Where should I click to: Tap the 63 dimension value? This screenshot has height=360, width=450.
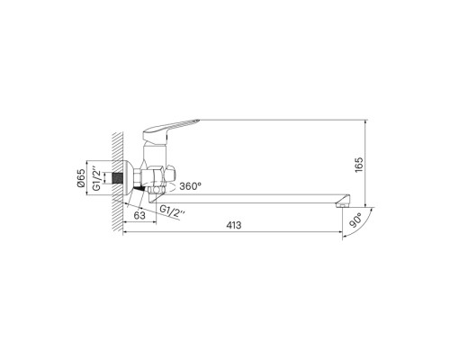[x=138, y=217]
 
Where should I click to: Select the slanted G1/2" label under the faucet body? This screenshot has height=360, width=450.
[x=173, y=212]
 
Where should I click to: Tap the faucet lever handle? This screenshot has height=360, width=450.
[x=180, y=127]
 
